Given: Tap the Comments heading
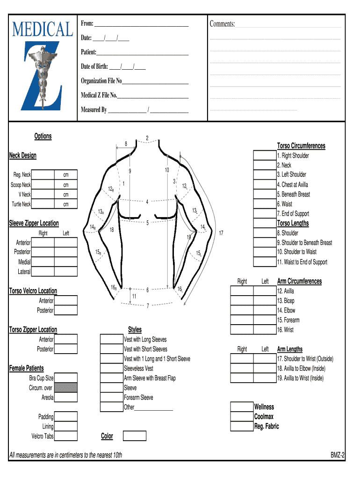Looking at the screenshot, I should [222, 24].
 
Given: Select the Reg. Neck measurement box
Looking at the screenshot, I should [43, 175].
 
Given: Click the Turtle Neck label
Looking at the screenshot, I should [22, 204].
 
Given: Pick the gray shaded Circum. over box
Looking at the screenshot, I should [66, 388].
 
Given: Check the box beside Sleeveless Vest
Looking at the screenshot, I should [111, 369].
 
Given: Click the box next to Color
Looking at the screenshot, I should [135, 436].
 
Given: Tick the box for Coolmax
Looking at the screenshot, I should [242, 417].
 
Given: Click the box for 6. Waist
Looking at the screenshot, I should [265, 204].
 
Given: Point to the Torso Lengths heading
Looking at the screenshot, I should [293, 223].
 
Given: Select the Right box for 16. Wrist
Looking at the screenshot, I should [242, 330].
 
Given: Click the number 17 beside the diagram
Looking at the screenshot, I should [221, 233].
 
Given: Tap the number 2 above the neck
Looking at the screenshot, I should [147, 138].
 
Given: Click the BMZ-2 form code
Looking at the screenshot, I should [338, 455].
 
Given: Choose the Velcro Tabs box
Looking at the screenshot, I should [66, 436].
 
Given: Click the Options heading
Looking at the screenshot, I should [43, 136].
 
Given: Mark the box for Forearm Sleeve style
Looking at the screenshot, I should [111, 398].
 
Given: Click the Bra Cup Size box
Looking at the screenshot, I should [66, 378].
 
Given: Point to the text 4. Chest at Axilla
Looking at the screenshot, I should [292, 185].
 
